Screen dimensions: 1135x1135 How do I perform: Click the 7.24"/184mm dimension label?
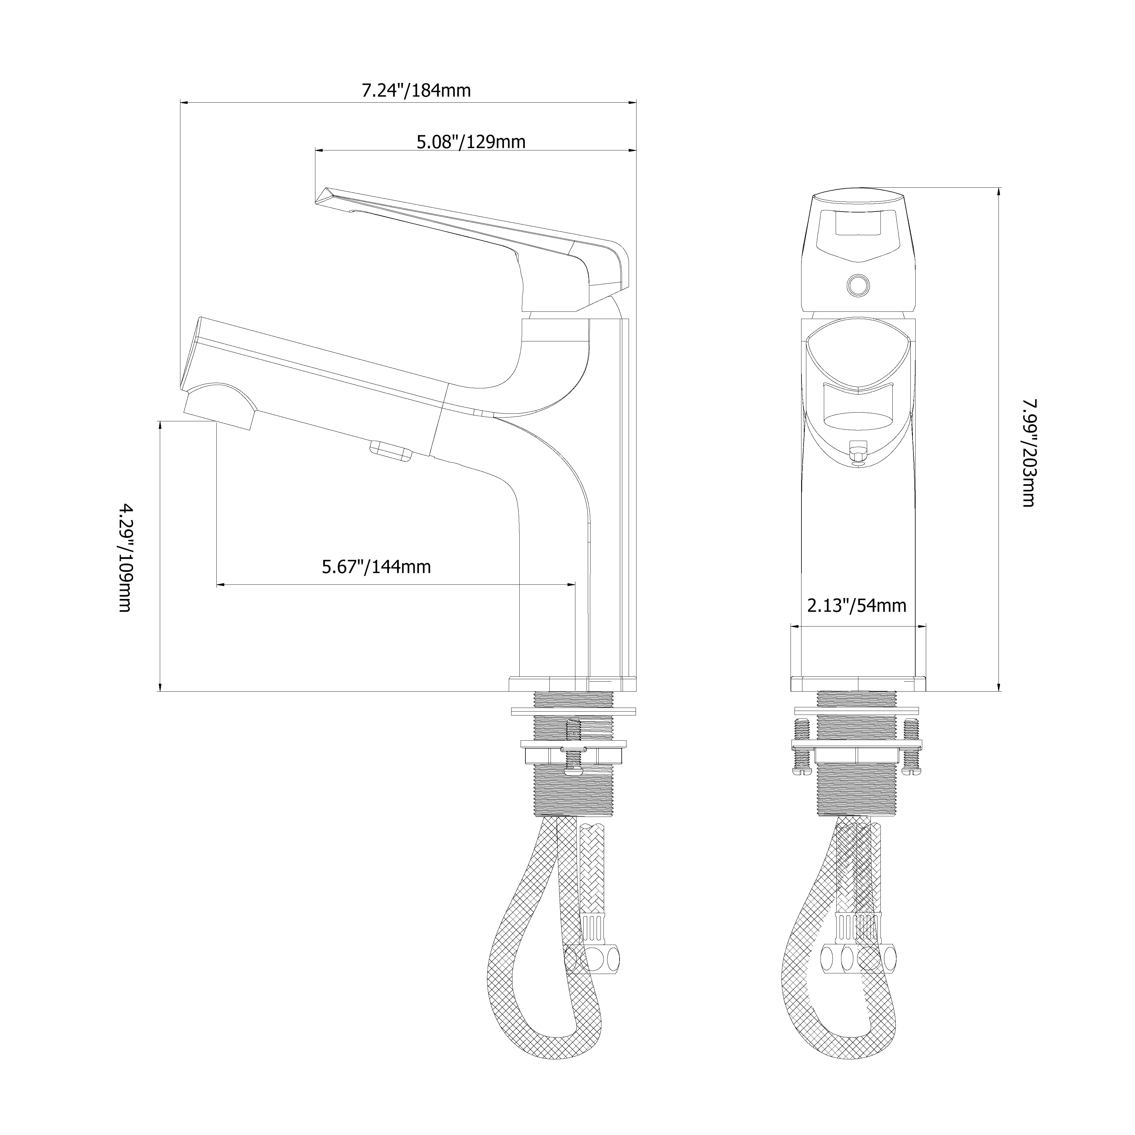point(416,90)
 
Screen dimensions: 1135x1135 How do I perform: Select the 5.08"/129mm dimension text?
point(471,142)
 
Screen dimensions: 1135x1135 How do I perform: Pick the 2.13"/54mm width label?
point(857,605)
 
